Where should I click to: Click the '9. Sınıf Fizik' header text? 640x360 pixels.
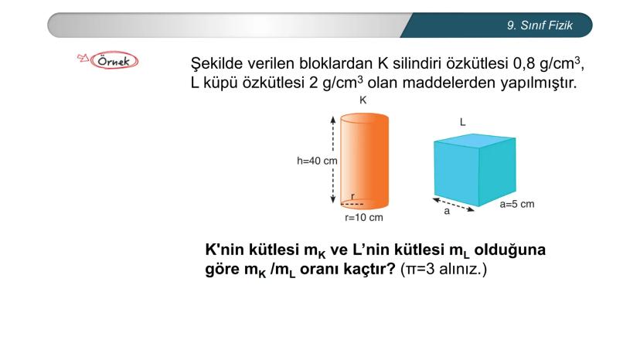click(540, 25)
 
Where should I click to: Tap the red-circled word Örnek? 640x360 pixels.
click(114, 61)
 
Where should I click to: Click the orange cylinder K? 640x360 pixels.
click(364, 161)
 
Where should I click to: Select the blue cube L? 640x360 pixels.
click(475, 169)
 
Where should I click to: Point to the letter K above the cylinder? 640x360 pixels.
click(363, 100)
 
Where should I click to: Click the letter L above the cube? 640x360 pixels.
click(462, 122)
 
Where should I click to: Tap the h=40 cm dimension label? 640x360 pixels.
click(317, 161)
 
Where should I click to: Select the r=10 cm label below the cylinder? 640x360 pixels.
click(364, 218)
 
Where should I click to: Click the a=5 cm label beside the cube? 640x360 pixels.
click(517, 204)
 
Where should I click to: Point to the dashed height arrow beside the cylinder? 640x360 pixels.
click(333, 160)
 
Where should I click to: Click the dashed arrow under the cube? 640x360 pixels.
click(454, 205)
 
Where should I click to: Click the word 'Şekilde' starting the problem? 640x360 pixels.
click(216, 63)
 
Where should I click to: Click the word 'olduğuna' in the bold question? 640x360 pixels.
click(510, 250)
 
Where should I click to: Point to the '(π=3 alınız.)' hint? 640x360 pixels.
click(444, 270)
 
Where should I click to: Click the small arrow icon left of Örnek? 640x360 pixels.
click(83, 58)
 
